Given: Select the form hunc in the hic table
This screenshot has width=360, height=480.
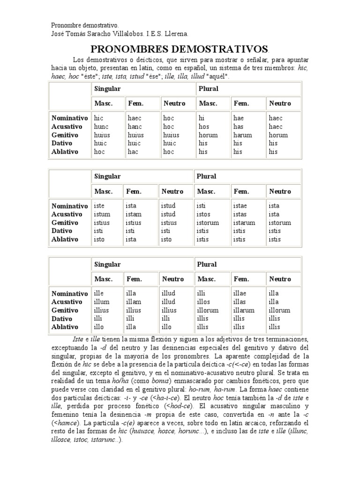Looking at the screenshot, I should click(101, 127).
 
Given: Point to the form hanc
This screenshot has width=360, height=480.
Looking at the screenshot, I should click(135, 127).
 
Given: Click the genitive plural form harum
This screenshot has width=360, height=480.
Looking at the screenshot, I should click(242, 135).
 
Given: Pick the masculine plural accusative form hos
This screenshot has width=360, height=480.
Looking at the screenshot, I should click(204, 127).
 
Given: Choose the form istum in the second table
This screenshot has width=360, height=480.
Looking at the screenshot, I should click(102, 214).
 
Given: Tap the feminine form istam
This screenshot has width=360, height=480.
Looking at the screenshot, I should click(134, 214).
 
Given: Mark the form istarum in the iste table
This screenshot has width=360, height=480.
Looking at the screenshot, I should click(244, 223).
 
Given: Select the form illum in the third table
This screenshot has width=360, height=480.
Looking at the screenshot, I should click(102, 302).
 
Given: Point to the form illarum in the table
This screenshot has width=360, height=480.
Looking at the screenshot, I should click(244, 310).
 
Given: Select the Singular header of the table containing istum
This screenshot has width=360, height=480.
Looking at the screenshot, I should click(107, 176).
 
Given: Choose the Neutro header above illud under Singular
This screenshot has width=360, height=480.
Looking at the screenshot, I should click(173, 279).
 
